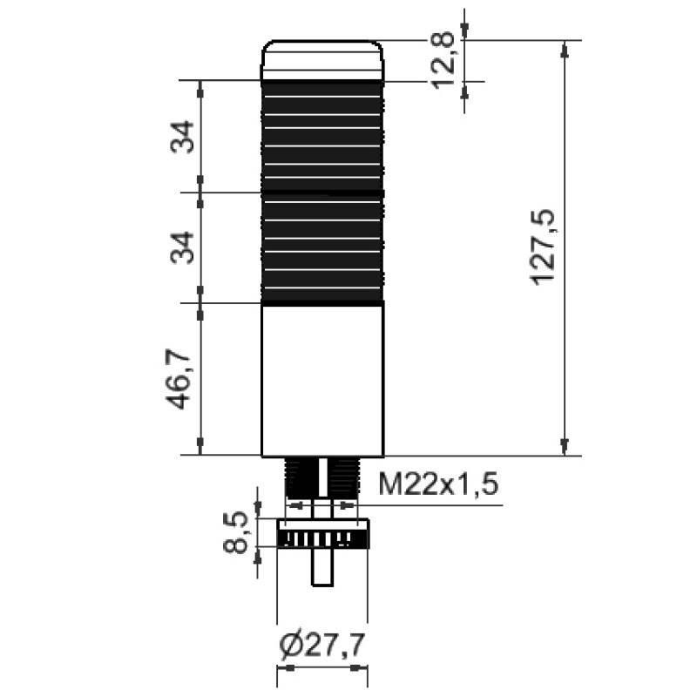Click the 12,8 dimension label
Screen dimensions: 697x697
(443, 59)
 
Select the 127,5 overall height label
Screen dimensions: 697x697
(542, 247)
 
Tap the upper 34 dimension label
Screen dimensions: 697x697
(182, 137)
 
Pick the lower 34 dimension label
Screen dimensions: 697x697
(182, 247)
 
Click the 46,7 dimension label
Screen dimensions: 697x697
(178, 379)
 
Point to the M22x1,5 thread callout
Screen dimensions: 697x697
(438, 484)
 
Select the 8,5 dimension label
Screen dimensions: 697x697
(235, 532)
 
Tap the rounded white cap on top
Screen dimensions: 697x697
(321, 60)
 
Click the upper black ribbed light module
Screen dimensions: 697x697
(321, 137)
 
